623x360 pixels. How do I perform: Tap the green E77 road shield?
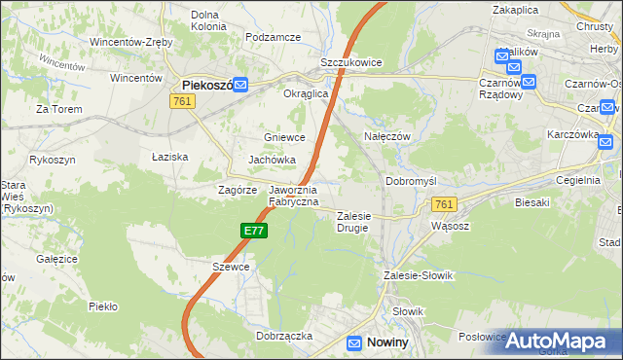(x=253, y=231)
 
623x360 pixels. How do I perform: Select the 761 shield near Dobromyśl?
(x=444, y=204)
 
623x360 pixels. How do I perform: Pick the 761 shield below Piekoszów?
(x=181, y=101)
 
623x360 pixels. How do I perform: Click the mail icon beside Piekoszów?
(x=240, y=86)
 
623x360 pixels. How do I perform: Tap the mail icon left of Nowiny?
(x=355, y=342)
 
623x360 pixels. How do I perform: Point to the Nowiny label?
(x=387, y=342)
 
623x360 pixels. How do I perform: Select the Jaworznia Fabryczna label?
(x=293, y=196)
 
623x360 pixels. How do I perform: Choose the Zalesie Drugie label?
(x=355, y=222)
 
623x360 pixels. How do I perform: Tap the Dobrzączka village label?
(x=283, y=335)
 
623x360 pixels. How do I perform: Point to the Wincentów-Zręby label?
(x=130, y=42)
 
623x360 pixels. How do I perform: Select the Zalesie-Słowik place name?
(x=420, y=275)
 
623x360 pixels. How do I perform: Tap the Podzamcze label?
(x=274, y=37)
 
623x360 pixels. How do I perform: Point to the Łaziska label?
(x=169, y=156)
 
